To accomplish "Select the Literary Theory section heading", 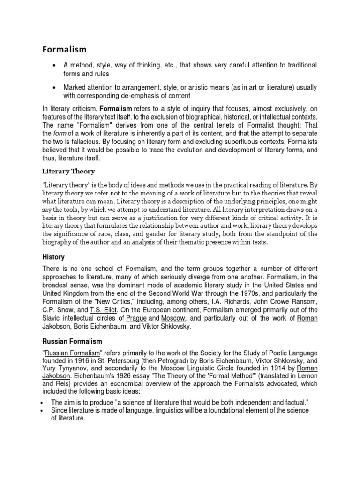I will coord(68,171).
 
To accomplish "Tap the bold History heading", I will coord(53,257).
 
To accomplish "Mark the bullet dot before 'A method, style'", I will coord(56,65).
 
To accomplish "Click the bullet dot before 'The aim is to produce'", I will coord(43,403).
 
